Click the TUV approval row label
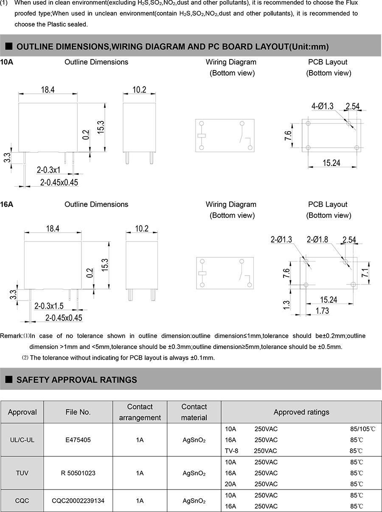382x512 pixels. [22, 473]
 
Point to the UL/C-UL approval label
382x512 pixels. [22, 440]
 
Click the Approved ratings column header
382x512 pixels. [301, 412]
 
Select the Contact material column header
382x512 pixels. [194, 412]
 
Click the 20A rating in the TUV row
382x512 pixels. [230, 484]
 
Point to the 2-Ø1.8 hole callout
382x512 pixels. [317, 240]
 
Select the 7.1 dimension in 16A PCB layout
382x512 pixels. [365, 272]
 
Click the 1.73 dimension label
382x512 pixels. [322, 311]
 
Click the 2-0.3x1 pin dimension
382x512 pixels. [48, 170]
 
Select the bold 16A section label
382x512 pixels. [7, 205]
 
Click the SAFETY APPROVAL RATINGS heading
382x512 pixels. [76, 380]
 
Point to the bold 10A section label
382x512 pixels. [7, 62]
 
